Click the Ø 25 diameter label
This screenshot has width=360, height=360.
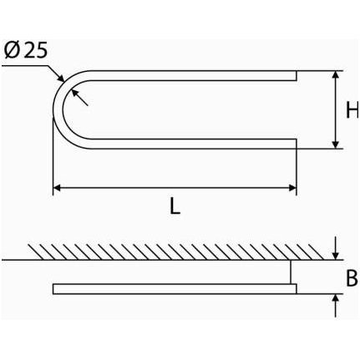click(x=26, y=51)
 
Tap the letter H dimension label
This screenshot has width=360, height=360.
click(x=352, y=109)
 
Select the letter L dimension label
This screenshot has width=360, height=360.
click(x=175, y=206)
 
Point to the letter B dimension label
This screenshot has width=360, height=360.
click(x=352, y=278)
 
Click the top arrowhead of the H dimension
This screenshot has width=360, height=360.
click(x=336, y=74)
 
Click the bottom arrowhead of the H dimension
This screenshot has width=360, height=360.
click(x=336, y=145)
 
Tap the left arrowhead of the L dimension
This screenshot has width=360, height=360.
click(x=57, y=188)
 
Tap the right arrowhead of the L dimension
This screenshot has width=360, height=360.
click(x=292, y=188)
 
